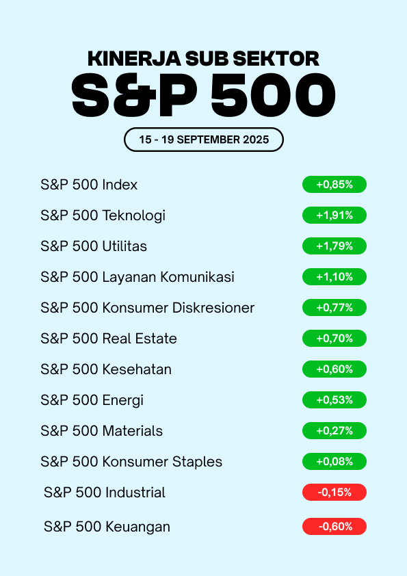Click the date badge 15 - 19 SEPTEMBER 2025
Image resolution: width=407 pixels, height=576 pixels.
204,140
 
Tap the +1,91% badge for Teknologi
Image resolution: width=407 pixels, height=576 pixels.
334,215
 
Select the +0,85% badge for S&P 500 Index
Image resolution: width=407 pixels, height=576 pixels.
334,185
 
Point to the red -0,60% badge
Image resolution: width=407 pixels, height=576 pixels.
334,527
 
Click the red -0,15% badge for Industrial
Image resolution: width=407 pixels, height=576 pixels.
334,493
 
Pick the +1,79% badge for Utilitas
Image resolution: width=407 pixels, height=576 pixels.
334,246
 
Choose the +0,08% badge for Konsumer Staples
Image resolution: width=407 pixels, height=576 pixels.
334,461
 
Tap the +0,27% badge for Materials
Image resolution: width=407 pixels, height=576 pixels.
334,430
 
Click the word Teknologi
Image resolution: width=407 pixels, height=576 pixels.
133,216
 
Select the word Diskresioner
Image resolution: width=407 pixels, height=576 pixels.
213,308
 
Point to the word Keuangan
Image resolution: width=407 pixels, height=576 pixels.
137,527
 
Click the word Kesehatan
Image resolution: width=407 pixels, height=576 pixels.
137,369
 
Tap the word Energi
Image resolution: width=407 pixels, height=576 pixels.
122,401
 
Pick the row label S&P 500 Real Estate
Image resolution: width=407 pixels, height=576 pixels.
109,339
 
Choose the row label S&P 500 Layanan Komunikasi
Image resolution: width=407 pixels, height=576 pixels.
137,277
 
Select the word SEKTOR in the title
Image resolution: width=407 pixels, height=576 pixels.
276,59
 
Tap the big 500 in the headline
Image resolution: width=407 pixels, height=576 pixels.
273,94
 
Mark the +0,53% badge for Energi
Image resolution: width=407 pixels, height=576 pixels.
334,400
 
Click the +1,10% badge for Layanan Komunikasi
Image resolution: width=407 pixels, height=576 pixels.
334,277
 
